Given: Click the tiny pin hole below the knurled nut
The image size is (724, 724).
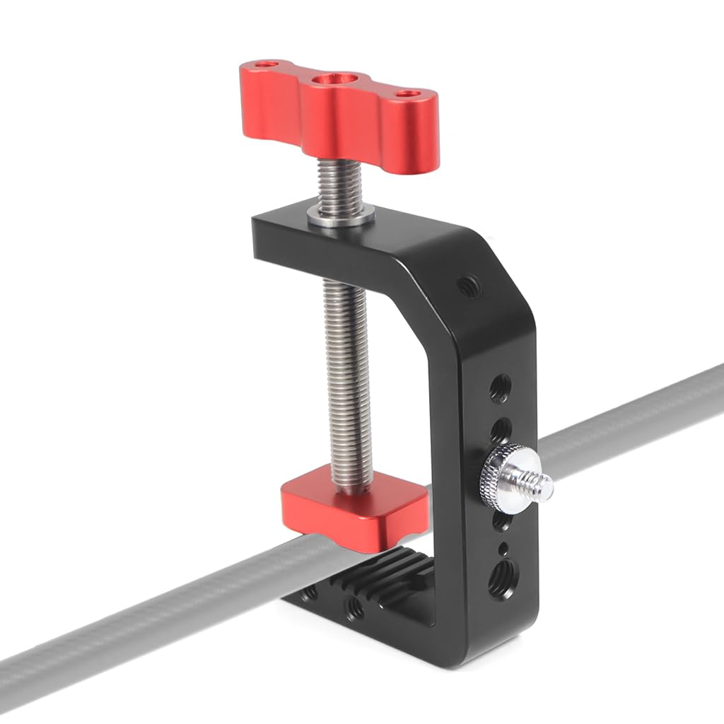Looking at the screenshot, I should (502, 549).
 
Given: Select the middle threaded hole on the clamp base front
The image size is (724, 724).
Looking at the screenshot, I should (353, 607).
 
